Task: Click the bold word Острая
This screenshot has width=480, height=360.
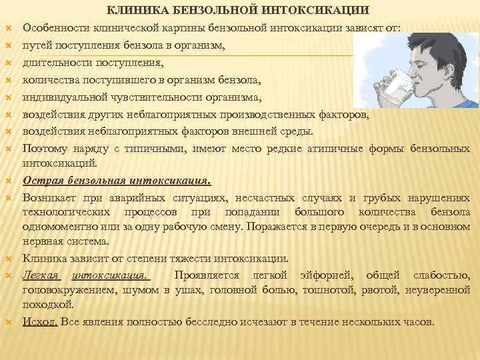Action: pos(44,180)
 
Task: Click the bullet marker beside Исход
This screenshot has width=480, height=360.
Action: pos(10,322)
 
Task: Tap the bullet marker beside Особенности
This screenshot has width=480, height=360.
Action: pos(10,29)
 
